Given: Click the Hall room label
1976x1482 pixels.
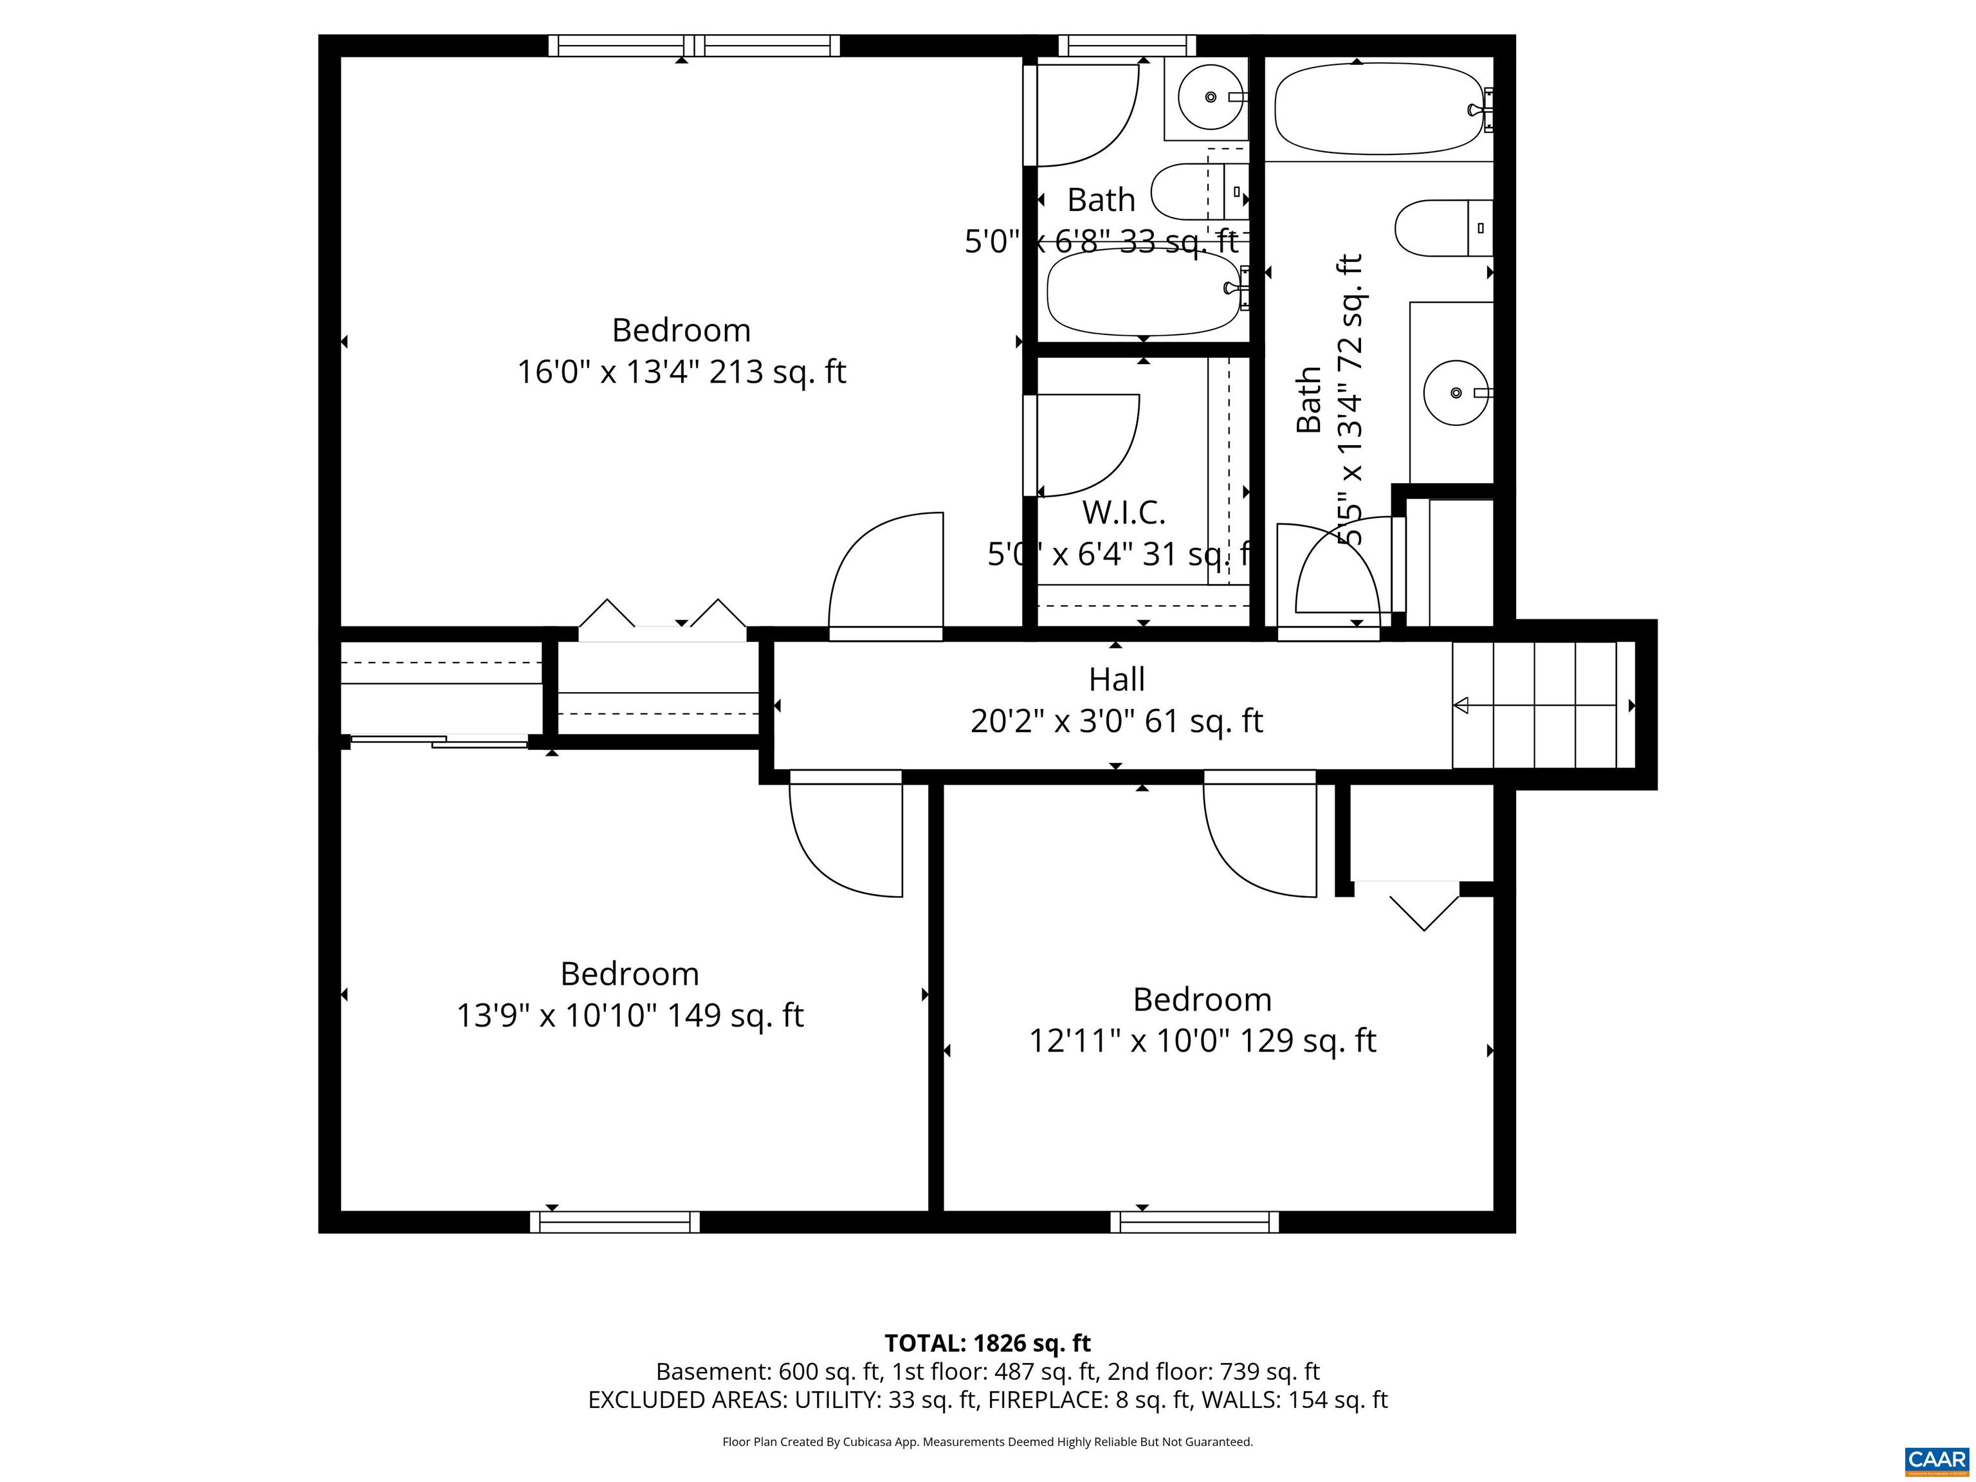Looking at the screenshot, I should click(x=1116, y=680).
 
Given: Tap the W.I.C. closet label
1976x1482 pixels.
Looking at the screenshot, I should click(x=1124, y=513).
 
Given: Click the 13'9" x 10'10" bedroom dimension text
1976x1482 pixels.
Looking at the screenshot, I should click(x=630, y=1016).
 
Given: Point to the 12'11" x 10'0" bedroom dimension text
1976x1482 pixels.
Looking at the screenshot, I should click(x=1202, y=1041).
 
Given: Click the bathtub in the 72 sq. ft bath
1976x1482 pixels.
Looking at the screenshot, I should click(x=1378, y=109).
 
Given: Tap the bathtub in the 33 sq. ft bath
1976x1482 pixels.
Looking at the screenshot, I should click(x=1144, y=292).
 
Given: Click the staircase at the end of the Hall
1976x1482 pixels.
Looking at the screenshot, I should click(x=1542, y=705).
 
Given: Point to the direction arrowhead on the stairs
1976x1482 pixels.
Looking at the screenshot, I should click(x=1461, y=706).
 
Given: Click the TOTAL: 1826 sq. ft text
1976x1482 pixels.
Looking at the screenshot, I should click(x=987, y=1344).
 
